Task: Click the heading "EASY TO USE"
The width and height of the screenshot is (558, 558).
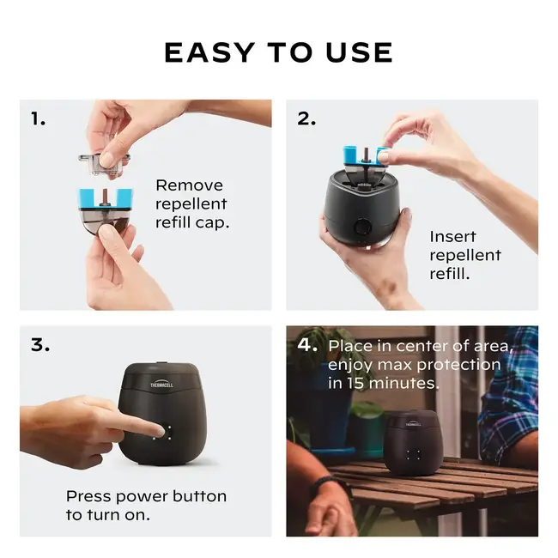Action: [278, 52]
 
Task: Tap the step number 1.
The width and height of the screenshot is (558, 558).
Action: [38, 119]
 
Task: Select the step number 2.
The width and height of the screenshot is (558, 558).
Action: [306, 119]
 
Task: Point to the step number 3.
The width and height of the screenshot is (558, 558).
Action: [39, 345]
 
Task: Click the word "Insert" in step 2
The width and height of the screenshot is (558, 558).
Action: [452, 237]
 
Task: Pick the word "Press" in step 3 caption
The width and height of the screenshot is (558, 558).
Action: [90, 496]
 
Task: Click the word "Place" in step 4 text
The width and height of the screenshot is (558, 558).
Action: [352, 346]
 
